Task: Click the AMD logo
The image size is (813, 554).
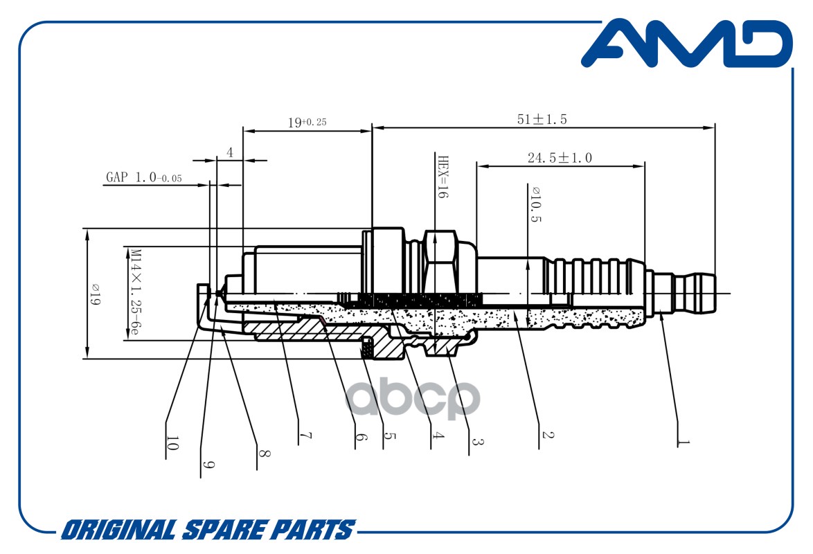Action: (x=686, y=44)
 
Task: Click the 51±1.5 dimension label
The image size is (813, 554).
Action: (x=542, y=119)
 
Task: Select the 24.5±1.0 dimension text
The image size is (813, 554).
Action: (x=560, y=158)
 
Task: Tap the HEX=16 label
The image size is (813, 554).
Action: (x=443, y=177)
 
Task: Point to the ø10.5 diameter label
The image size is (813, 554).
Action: (x=535, y=204)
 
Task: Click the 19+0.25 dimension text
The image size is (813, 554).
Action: (x=307, y=123)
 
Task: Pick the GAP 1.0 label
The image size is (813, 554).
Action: (x=143, y=177)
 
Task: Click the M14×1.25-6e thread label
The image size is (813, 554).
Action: (x=135, y=292)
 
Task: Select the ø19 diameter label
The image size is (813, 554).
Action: (x=95, y=294)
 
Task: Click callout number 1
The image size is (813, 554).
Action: (x=684, y=443)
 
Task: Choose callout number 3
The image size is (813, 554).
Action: (x=478, y=442)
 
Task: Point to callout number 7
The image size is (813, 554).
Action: (x=306, y=436)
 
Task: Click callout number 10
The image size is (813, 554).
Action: (x=172, y=443)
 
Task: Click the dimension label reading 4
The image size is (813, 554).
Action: (x=230, y=152)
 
